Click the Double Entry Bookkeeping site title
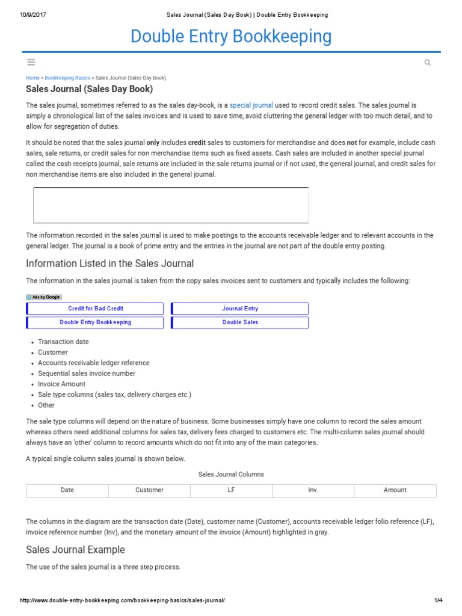pyautogui.click(x=231, y=37)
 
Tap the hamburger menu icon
pyautogui.click(x=31, y=62)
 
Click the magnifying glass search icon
pyautogui.click(x=428, y=63)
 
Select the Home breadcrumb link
pyautogui.click(x=32, y=78)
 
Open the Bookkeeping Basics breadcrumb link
pyautogui.click(x=67, y=78)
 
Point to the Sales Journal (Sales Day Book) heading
pyautogui.click(x=89, y=90)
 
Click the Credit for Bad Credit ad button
pyautogui.click(x=96, y=309)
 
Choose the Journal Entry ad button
pyautogui.click(x=240, y=309)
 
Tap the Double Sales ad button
pyautogui.click(x=240, y=322)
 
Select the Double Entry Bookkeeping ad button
pyautogui.click(x=96, y=322)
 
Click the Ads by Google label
pyautogui.click(x=44, y=297)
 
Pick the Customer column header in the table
pyautogui.click(x=149, y=490)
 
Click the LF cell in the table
pyautogui.click(x=231, y=490)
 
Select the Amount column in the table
pyautogui.click(x=395, y=490)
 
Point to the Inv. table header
pyautogui.click(x=313, y=490)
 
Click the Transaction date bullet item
pyautogui.click(x=63, y=342)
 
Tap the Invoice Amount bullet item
pyautogui.click(x=61, y=384)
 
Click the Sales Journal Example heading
pyautogui.click(x=75, y=550)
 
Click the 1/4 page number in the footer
pyautogui.click(x=438, y=601)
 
